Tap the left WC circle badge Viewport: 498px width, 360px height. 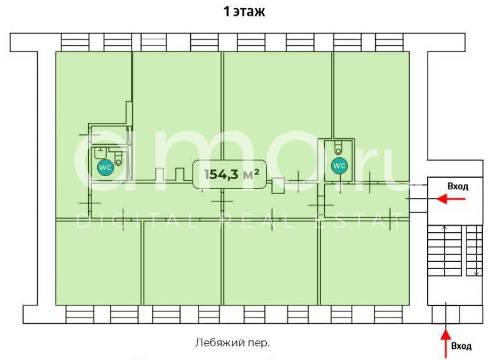coord(105,167)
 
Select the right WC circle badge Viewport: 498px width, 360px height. coord(339,165)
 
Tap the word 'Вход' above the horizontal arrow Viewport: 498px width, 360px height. coord(458,187)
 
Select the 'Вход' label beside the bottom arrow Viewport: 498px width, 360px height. coord(461,346)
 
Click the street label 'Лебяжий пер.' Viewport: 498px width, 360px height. coord(232,343)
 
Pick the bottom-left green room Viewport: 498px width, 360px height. coord(98,263)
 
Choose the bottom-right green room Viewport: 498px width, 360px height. coord(364,264)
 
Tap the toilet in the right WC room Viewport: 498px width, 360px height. coord(339,147)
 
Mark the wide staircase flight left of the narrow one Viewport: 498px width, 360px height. coord(445,250)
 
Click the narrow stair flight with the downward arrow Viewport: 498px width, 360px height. coord(474,250)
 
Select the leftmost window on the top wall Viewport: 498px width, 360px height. coord(75,42)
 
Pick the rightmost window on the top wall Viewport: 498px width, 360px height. coord(390,42)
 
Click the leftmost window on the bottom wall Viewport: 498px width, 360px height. coord(80,314)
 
